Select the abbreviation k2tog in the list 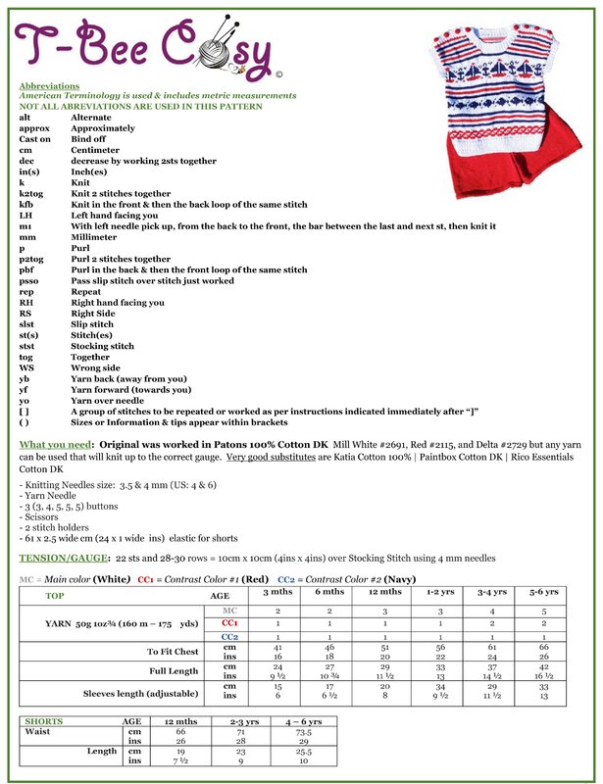click(30, 194)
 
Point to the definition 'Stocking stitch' click(103, 345)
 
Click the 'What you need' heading click(55, 445)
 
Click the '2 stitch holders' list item click(58, 530)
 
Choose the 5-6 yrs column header click(543, 592)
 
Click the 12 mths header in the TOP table click(385, 592)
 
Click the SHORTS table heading click(44, 720)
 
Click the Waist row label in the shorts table click(39, 731)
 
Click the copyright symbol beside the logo click(280, 73)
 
